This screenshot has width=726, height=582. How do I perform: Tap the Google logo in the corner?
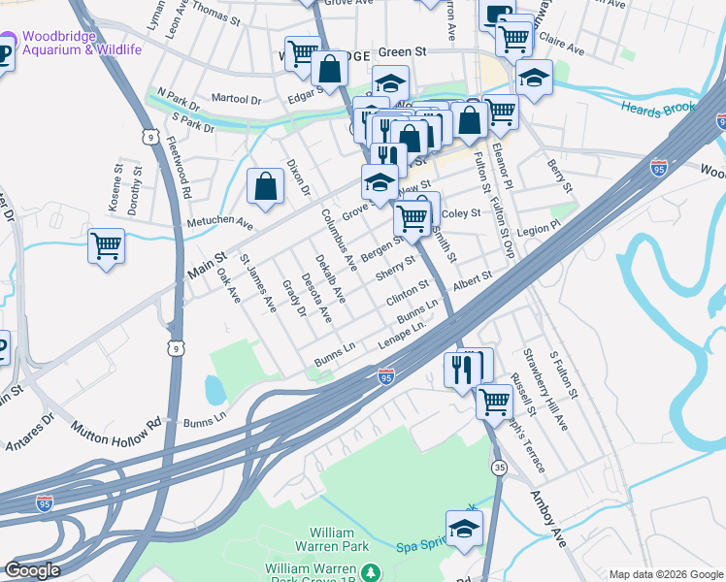tap(33, 570)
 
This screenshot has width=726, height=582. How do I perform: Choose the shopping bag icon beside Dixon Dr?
tap(265, 187)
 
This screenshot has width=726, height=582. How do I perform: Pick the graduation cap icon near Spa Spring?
tap(465, 530)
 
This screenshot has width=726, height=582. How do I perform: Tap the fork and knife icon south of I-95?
tap(459, 370)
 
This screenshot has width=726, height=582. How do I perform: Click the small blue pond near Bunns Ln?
tap(214, 390)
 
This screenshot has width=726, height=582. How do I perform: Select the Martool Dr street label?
tap(237, 99)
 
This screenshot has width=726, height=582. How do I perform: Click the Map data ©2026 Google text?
tap(665, 574)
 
